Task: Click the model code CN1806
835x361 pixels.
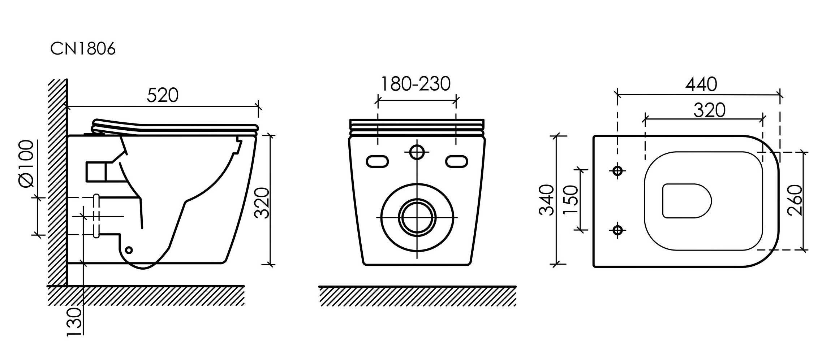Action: [83, 49]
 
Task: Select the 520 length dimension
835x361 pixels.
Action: [163, 95]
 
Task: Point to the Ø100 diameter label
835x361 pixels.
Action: [26, 164]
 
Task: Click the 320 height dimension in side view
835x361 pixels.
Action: [262, 203]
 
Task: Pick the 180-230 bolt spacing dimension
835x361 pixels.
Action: [416, 84]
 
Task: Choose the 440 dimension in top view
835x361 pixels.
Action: [701, 85]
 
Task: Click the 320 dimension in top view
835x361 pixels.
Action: [709, 110]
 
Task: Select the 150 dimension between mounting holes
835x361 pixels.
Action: [571, 200]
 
